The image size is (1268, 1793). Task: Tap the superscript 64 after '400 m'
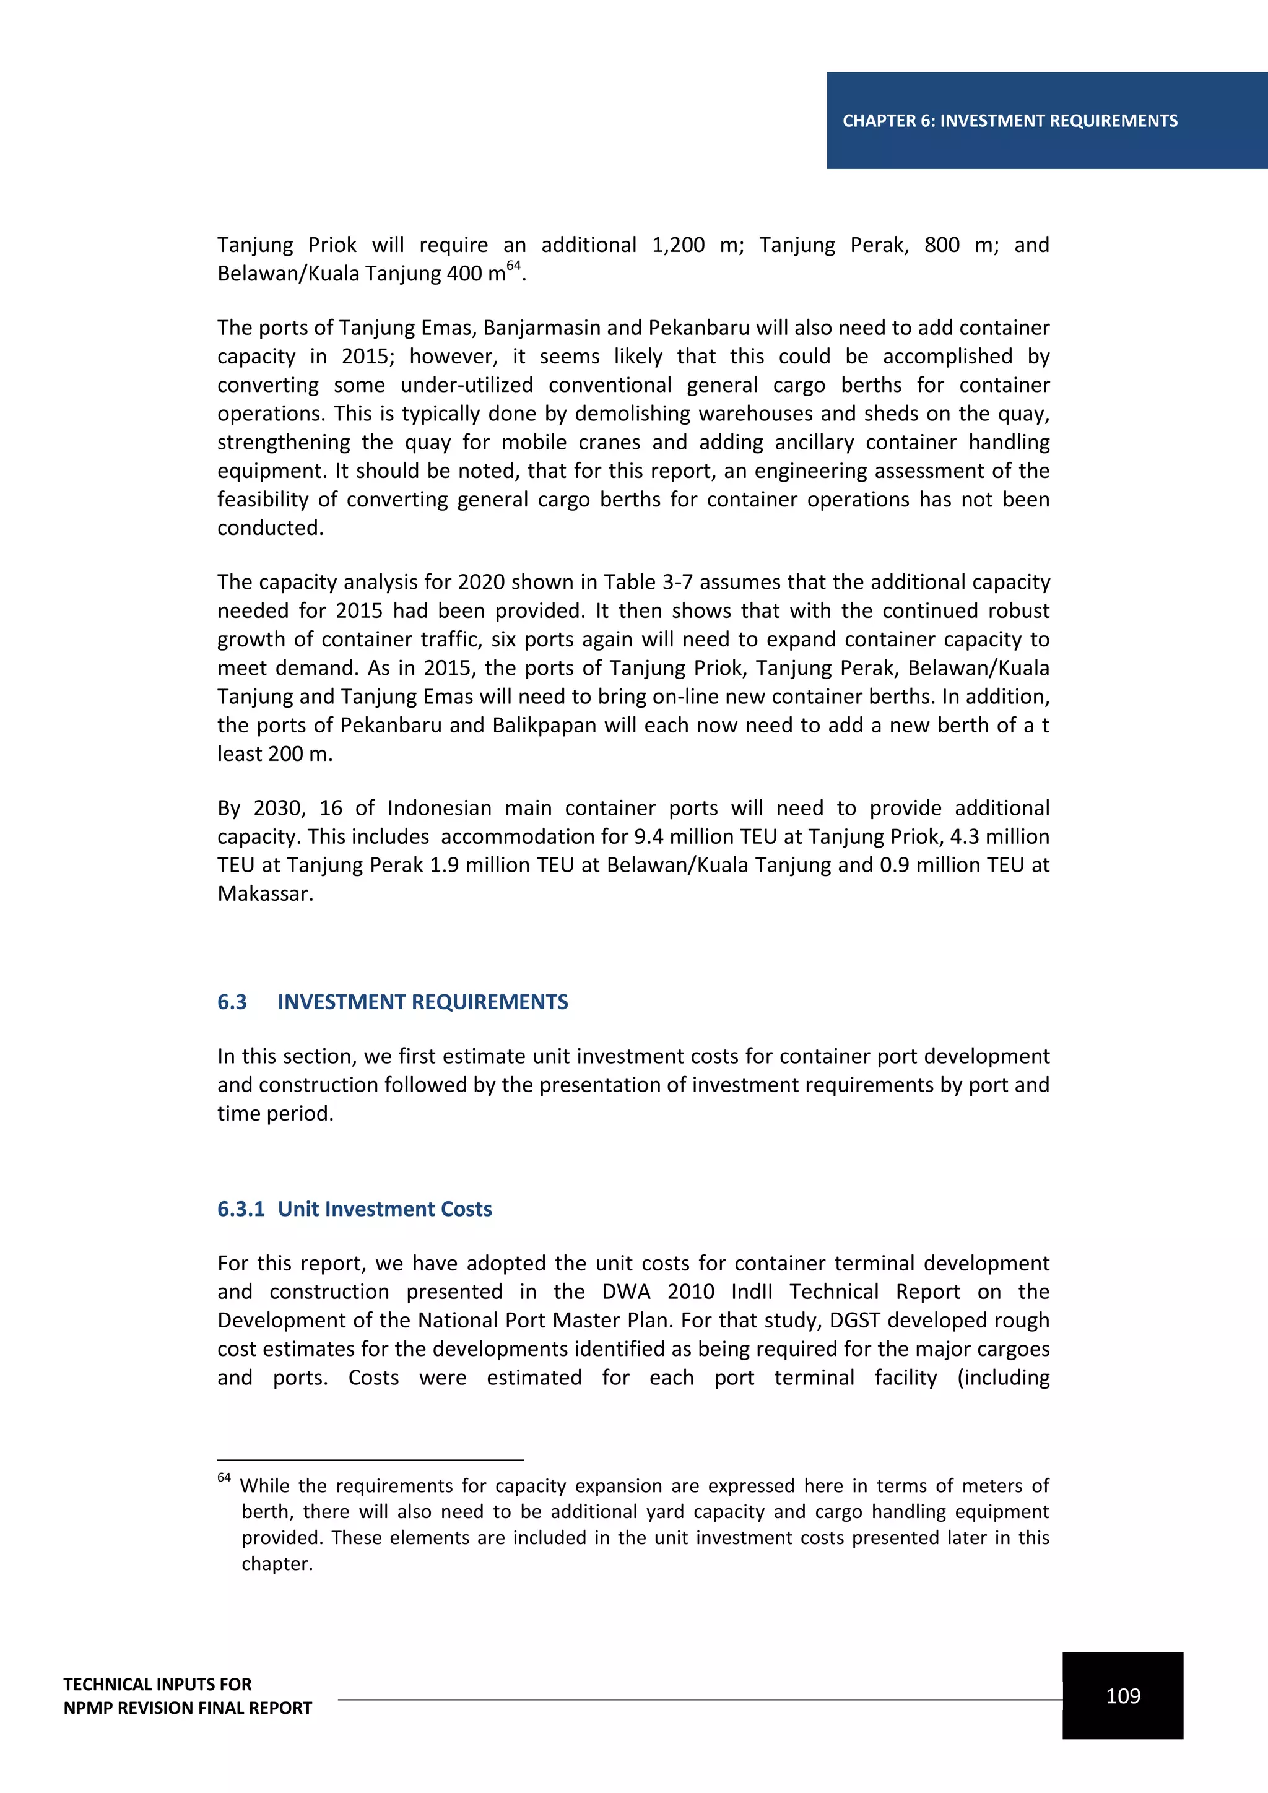coord(513,266)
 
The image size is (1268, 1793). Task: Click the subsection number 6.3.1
coord(240,1209)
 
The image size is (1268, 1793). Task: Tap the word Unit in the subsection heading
coord(298,1209)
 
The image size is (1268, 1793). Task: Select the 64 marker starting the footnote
coord(224,1477)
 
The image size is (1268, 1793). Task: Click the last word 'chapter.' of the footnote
coord(277,1564)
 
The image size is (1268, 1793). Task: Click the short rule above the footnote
coord(370,1459)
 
